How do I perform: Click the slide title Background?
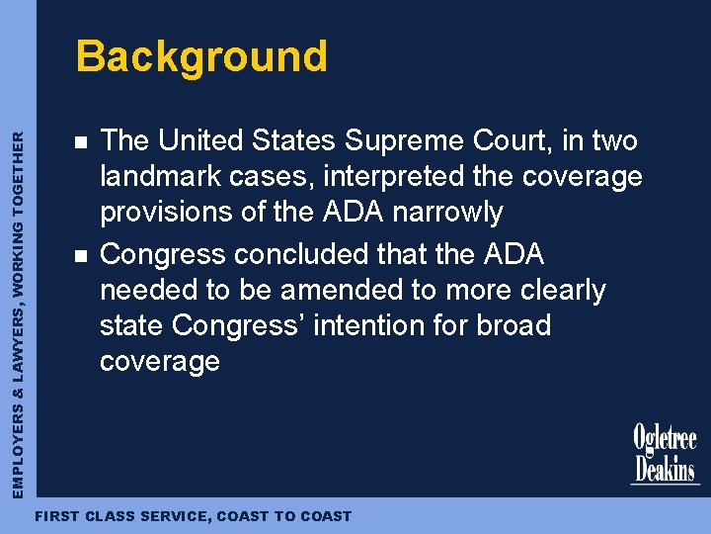(201, 56)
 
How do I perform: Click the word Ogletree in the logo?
(665, 438)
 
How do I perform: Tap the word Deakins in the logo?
(665, 467)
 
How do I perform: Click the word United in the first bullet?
(207, 141)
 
